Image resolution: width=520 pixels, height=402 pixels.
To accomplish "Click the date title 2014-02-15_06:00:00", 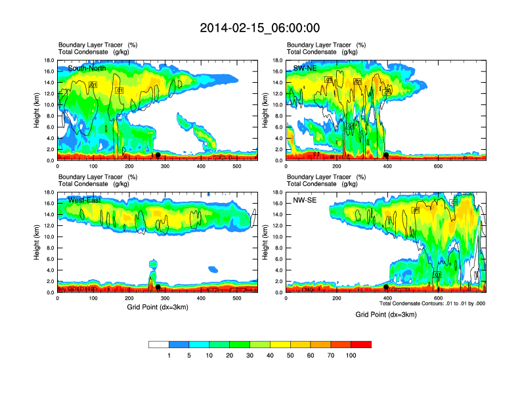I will (259, 28).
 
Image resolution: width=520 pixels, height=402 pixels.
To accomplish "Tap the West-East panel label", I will (84, 200).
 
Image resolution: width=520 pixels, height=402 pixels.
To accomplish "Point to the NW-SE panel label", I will (306, 200).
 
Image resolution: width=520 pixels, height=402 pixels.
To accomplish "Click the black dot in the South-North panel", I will (158, 155).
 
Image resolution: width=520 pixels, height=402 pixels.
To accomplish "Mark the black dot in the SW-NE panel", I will (387, 156).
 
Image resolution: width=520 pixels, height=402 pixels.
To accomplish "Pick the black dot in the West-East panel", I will (158, 288).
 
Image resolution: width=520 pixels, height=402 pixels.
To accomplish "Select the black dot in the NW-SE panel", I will (386, 288).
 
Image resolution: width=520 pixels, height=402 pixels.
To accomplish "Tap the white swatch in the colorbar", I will (159, 344).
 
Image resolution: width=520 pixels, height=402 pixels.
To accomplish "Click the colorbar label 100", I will (351, 355).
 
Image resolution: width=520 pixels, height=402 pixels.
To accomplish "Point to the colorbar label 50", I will (290, 355).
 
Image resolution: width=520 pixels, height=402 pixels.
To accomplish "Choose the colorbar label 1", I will (169, 355).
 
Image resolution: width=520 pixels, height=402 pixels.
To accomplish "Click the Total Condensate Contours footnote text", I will (432, 303).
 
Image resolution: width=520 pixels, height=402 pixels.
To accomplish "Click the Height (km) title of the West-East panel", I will (37, 242).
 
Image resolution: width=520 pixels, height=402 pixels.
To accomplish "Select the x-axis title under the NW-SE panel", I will (386, 315).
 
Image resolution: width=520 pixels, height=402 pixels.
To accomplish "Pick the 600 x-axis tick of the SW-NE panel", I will (437, 166).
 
